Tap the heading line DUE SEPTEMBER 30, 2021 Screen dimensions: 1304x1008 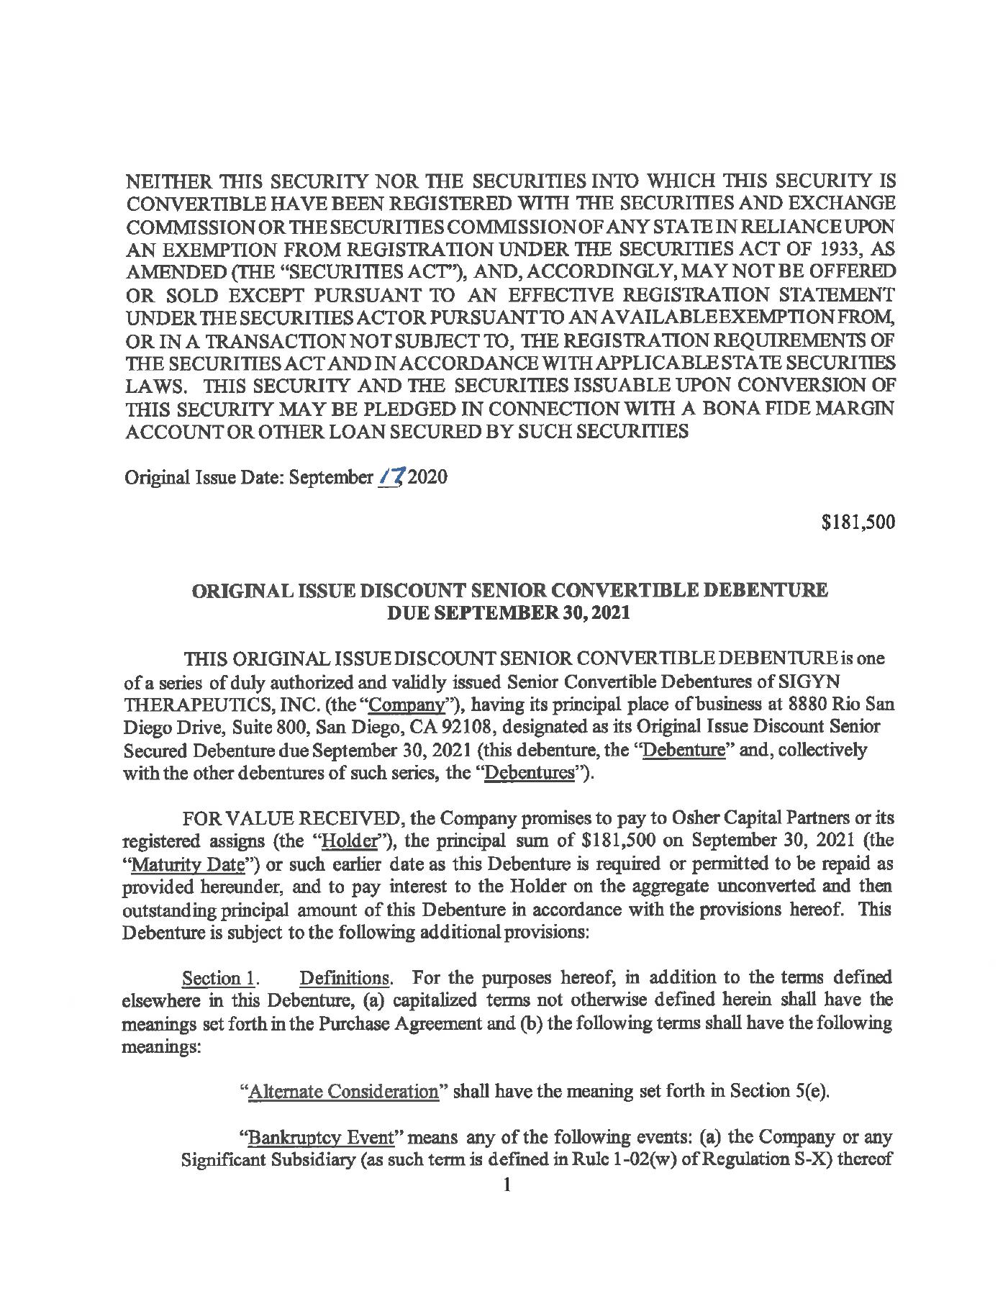(x=509, y=613)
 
